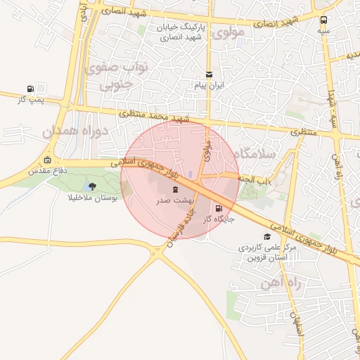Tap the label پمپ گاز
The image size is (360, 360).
click(31, 100)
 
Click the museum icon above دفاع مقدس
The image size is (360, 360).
click(47, 160)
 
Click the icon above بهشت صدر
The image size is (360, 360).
click(175, 189)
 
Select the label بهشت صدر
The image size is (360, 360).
click(174, 201)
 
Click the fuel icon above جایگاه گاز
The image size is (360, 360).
click(219, 208)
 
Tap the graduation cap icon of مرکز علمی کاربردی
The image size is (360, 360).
click(266, 237)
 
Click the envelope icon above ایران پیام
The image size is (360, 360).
click(208, 74)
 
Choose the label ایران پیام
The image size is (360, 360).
click(208, 85)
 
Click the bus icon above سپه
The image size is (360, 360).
click(323, 20)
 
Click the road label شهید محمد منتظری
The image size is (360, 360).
click(150, 115)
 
